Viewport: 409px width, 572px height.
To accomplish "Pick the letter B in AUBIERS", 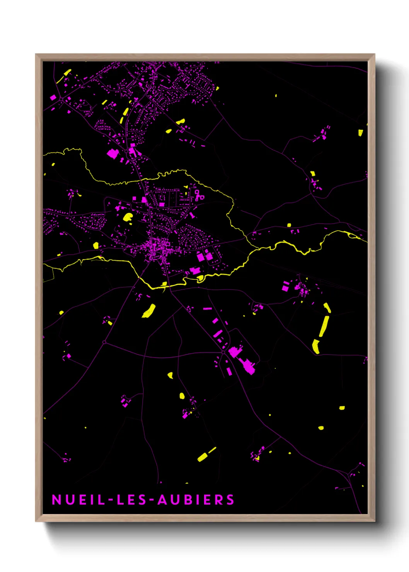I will pyautogui.click(x=189, y=500).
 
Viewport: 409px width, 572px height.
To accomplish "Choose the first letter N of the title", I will pyautogui.click(x=56, y=500).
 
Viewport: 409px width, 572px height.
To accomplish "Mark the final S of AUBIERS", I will pyautogui.click(x=230, y=500).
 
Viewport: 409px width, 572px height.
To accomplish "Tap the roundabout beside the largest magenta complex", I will pyautogui.click(x=223, y=352).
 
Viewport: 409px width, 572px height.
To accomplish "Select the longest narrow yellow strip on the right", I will pyautogui.click(x=324, y=327).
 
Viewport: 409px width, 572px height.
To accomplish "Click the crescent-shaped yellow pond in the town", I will pyautogui.click(x=128, y=217).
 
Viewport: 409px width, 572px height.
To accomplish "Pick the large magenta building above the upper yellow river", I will pyautogui.click(x=112, y=153).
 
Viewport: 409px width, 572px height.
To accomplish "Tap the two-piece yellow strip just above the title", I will pyautogui.click(x=206, y=454).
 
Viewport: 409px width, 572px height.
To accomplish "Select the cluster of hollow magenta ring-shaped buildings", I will pyautogui.click(x=199, y=196).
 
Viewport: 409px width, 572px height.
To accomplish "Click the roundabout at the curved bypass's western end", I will pyautogui.click(x=104, y=342).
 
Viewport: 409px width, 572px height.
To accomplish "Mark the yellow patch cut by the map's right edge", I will pyautogui.click(x=361, y=132).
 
